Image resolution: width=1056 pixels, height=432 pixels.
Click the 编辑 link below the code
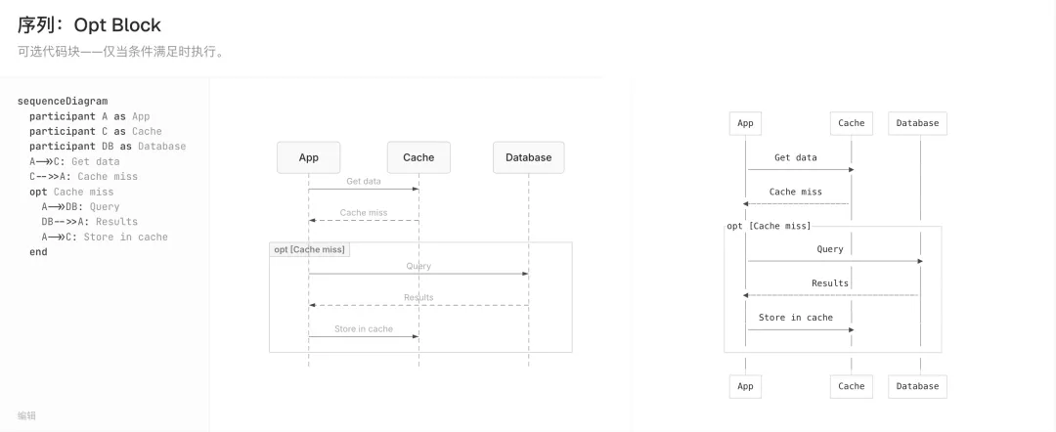click(27, 415)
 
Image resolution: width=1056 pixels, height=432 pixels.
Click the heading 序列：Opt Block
click(89, 24)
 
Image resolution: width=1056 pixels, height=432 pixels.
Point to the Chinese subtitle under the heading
click(120, 52)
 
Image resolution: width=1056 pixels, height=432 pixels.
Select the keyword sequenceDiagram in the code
click(63, 102)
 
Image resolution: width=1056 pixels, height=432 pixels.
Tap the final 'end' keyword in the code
click(38, 251)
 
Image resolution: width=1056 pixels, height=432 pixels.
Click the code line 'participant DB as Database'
click(108, 146)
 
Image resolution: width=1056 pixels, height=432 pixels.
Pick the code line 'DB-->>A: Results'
click(90, 222)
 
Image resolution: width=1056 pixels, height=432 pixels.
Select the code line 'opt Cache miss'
click(71, 192)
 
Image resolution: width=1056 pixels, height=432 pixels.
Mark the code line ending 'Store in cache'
click(105, 237)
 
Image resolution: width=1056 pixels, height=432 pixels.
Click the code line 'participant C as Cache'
click(96, 131)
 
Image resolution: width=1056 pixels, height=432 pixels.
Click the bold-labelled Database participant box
click(529, 157)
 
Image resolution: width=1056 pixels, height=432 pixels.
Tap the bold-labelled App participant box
click(308, 157)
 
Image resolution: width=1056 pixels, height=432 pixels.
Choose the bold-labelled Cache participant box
click(418, 157)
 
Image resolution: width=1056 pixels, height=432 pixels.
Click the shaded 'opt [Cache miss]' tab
click(310, 249)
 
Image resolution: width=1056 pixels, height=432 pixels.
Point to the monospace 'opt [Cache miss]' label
click(770, 226)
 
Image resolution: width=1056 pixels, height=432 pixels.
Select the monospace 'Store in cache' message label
click(796, 318)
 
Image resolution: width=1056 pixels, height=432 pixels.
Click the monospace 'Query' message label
click(830, 249)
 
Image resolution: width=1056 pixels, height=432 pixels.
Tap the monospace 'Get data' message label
click(796, 157)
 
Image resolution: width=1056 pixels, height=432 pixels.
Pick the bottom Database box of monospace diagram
click(917, 386)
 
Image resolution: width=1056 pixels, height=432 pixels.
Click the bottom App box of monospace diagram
click(745, 386)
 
